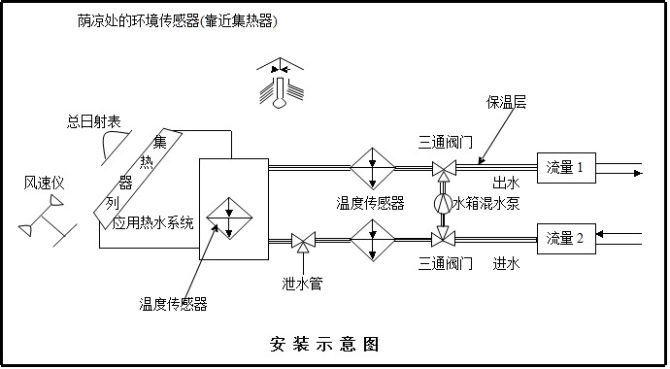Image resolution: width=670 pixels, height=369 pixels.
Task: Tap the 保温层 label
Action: (507, 103)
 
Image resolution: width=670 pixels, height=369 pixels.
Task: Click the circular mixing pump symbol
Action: (443, 204)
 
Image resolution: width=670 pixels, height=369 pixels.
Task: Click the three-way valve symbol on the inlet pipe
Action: (443, 236)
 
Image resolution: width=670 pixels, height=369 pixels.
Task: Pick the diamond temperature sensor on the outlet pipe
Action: (370, 168)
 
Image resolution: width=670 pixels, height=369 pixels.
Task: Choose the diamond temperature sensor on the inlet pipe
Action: (370, 238)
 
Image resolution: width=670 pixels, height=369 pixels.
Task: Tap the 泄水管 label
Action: (303, 283)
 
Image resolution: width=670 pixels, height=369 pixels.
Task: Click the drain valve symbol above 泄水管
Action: (302, 239)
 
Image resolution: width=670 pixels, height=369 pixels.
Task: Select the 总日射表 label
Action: (93, 122)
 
